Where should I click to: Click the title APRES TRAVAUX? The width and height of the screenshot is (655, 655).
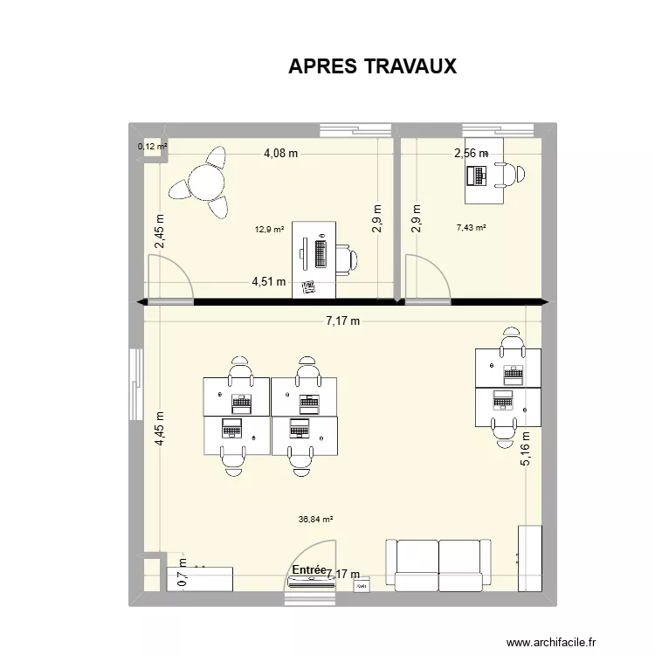(x=373, y=67)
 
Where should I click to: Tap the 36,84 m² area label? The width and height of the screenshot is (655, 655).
(x=316, y=519)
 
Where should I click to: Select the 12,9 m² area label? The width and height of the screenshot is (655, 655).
(x=270, y=230)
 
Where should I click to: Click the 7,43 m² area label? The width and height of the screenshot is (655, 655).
(x=471, y=228)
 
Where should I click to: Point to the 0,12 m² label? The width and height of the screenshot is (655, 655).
(x=152, y=146)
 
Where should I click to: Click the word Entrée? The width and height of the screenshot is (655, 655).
(x=309, y=569)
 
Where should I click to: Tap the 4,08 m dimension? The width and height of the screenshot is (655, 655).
(x=280, y=154)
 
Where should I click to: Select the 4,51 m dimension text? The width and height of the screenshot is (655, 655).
(x=268, y=281)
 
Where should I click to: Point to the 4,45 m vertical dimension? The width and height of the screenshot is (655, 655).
(x=160, y=429)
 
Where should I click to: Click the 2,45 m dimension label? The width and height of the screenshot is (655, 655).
(x=160, y=231)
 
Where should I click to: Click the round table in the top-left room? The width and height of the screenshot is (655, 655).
(x=207, y=183)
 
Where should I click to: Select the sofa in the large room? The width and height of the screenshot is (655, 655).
(x=438, y=566)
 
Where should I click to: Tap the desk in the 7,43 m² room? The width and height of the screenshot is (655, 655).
(x=484, y=170)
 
